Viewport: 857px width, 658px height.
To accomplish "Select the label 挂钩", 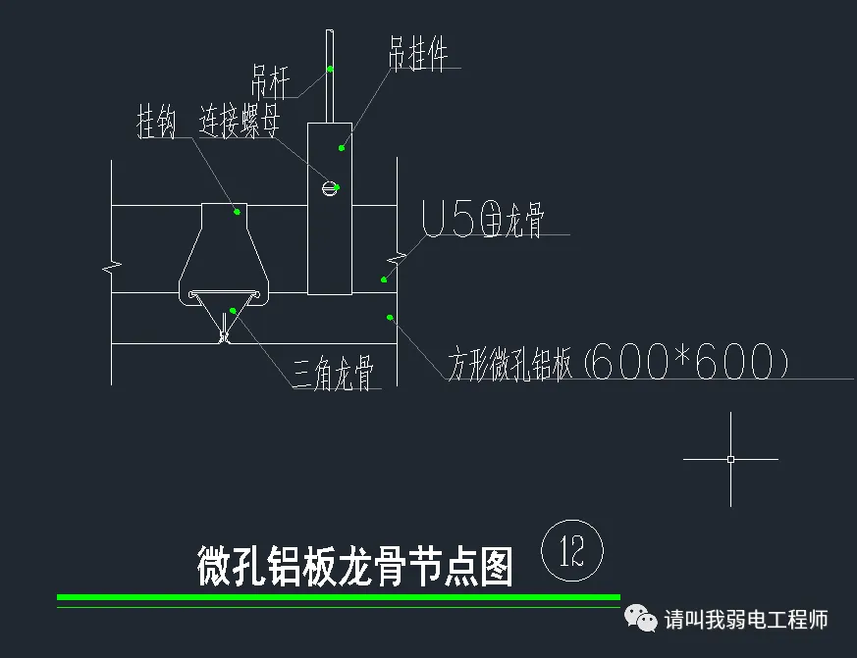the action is coord(156,125).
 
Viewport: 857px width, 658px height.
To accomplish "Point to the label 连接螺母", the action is coord(241,123).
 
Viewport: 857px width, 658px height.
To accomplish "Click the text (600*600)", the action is coord(686,364).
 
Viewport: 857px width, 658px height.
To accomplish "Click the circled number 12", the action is coord(571,553).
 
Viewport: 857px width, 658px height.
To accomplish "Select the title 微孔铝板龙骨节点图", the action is coord(355,567).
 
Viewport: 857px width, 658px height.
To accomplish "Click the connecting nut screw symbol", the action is coord(331,187).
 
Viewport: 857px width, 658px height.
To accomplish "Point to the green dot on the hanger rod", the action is coord(331,69).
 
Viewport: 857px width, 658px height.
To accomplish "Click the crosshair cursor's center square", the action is coord(730,459).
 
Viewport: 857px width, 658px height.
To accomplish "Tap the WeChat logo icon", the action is coord(642,620).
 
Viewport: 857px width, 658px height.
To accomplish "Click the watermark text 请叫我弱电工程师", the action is coord(746,620).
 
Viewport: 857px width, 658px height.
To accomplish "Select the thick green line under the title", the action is coord(339,596).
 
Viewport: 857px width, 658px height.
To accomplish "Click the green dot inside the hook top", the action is coord(237,210).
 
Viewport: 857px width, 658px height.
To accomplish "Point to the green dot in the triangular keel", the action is coord(232,311).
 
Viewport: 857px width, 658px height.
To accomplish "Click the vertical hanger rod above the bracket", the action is coord(330,93).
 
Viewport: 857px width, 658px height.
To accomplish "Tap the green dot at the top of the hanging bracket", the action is coord(342,148).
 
